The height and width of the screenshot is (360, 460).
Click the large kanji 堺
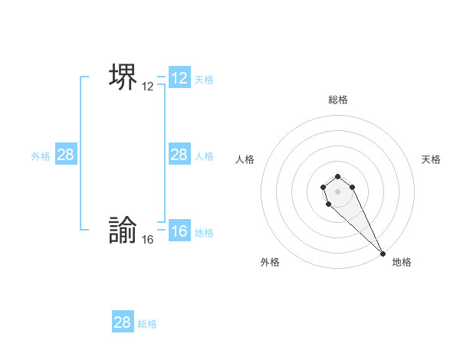click(123, 77)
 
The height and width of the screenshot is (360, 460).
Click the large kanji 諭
click(123, 231)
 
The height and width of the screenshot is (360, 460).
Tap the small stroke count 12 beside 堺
click(148, 87)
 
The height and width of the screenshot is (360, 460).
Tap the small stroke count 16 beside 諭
click(148, 240)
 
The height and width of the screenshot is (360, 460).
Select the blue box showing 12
click(179, 78)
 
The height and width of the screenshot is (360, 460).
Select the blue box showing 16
click(179, 231)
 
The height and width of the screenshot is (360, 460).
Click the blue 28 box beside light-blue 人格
click(179, 155)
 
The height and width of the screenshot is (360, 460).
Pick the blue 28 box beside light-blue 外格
click(66, 155)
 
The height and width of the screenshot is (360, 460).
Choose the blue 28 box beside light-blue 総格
click(123, 322)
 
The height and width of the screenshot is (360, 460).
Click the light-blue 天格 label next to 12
click(204, 79)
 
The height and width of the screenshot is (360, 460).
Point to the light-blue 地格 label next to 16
click(204, 233)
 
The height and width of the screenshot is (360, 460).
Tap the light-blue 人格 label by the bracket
click(204, 155)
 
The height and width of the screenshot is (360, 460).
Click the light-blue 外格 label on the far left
click(41, 155)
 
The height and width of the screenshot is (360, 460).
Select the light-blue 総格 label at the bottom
click(147, 324)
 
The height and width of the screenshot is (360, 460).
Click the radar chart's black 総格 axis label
click(338, 100)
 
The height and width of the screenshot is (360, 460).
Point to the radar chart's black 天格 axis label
click(432, 159)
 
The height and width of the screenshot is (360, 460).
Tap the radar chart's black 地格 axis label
click(402, 262)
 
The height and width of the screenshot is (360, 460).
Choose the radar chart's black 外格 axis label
click(270, 262)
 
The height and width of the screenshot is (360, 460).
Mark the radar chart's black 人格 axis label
click(245, 159)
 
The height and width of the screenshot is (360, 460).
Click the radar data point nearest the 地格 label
click(383, 254)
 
